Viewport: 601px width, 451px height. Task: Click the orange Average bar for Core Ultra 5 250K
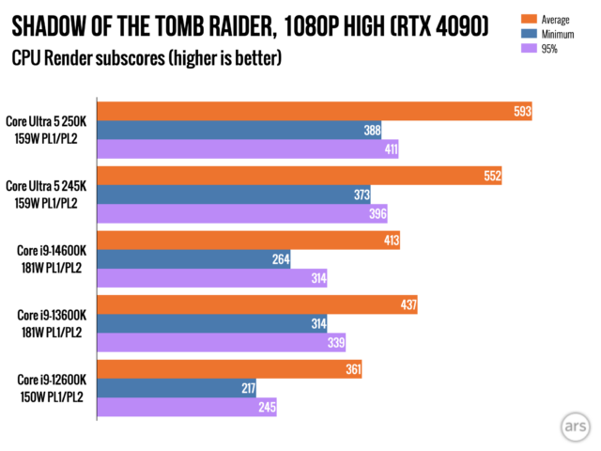[x=315, y=112]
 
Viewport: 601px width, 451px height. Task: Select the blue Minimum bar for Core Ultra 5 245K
[x=235, y=194]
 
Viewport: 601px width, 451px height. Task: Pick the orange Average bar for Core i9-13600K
[x=257, y=305]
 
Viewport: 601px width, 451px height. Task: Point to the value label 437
[x=408, y=305]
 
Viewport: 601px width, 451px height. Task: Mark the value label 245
[x=266, y=407]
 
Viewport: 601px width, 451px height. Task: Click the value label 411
[x=390, y=148]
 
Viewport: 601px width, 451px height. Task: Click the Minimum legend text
[x=560, y=34]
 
